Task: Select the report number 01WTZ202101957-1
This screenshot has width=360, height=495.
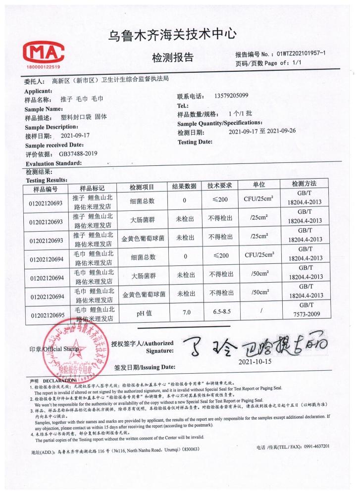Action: tap(305, 53)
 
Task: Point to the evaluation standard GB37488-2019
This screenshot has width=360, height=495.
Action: tap(75, 153)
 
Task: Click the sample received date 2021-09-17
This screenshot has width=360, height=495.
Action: tap(75, 135)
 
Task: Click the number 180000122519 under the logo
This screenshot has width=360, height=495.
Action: tap(42, 66)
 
